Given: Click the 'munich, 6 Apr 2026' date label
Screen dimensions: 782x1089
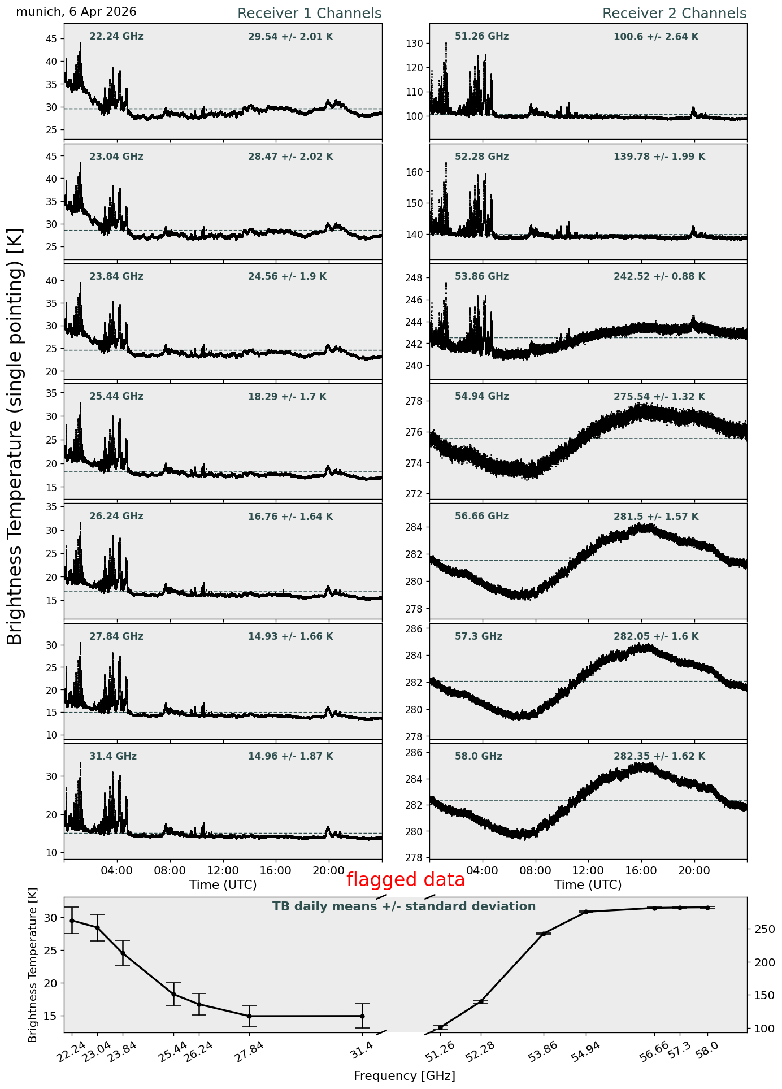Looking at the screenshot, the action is pyautogui.click(x=76, y=12).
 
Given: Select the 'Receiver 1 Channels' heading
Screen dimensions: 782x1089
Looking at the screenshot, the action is pyautogui.click(x=309, y=14).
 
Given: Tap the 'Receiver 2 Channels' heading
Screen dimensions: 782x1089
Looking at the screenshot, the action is pyautogui.click(x=674, y=14).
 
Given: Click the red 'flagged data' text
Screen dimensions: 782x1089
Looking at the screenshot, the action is pyautogui.click(x=406, y=880).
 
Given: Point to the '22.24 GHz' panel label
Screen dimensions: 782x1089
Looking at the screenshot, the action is pyautogui.click(x=116, y=37).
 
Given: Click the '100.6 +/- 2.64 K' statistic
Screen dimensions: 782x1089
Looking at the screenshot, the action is pyautogui.click(x=656, y=37).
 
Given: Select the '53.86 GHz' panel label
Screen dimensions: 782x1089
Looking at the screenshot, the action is pyautogui.click(x=481, y=276).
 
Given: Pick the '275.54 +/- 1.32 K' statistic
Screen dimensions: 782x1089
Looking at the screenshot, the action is pyautogui.click(x=659, y=397).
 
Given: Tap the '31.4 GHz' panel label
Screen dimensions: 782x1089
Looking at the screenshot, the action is pyautogui.click(x=113, y=756).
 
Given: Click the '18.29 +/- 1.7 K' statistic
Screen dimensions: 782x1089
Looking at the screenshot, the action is pyautogui.click(x=287, y=397).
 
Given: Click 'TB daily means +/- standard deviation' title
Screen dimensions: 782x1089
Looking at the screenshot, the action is pyautogui.click(x=404, y=906).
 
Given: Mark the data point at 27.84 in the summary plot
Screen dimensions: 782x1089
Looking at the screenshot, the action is pyautogui.click(x=249, y=1016).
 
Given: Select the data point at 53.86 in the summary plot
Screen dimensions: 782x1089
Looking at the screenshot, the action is pyautogui.click(x=544, y=934).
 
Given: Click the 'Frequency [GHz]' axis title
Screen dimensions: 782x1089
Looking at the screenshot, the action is pyautogui.click(x=405, y=1075).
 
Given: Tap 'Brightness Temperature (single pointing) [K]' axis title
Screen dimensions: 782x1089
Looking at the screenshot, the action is pyautogui.click(x=15, y=436).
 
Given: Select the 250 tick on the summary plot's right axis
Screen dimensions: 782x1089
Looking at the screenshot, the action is pyautogui.click(x=760, y=929).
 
